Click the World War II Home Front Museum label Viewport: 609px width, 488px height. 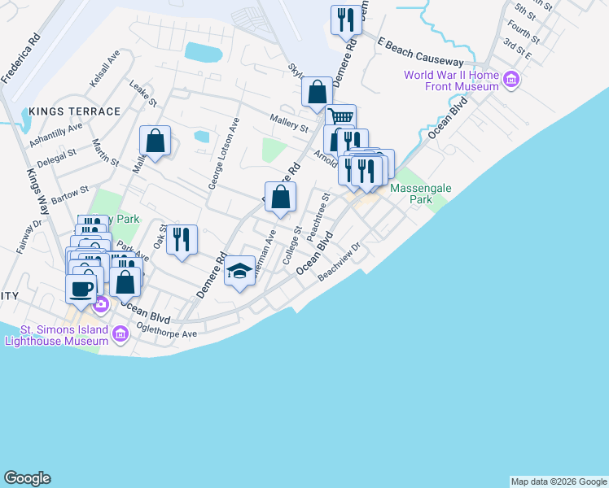click(x=452, y=81)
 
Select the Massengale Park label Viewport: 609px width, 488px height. click(x=420, y=193)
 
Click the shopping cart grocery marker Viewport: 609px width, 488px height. click(x=341, y=118)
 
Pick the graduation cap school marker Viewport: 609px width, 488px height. click(x=239, y=272)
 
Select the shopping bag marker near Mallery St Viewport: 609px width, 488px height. click(x=155, y=142)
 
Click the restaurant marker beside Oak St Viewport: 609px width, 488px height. click(x=182, y=240)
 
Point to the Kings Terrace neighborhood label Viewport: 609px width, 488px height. click(x=73, y=111)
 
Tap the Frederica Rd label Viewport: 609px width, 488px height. click(x=21, y=58)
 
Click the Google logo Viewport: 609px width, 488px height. click(x=27, y=478)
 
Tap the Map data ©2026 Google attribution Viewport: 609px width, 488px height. click(x=559, y=481)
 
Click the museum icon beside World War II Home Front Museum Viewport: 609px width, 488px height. click(x=511, y=80)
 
